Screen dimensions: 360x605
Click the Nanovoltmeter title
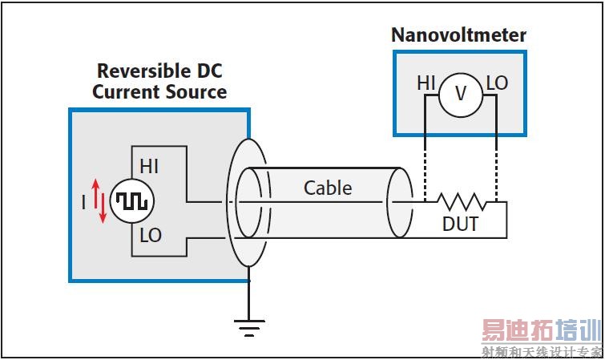coord(458,35)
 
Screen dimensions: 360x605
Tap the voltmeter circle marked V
coord(460,94)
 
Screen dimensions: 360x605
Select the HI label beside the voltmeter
coord(426,83)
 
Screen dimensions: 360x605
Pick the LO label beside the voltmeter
coord(497,83)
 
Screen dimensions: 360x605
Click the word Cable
coord(328,188)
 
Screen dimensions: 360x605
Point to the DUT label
coord(460,224)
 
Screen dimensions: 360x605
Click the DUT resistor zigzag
coord(460,202)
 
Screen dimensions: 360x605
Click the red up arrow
coord(95,192)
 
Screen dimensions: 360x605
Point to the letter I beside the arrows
coord(83,203)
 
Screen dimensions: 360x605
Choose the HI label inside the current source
coord(150,167)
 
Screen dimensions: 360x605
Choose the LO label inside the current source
coord(150,236)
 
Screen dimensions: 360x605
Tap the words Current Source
coord(159,91)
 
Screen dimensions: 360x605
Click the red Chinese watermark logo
coord(540,331)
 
